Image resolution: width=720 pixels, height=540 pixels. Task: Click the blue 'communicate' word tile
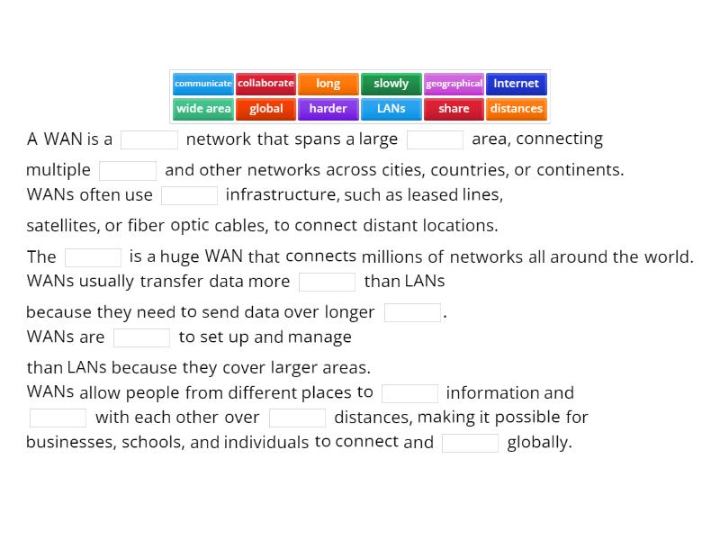pos(203,84)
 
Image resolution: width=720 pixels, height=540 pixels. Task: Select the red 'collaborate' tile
pos(265,84)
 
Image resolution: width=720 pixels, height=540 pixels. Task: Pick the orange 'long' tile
pos(328,84)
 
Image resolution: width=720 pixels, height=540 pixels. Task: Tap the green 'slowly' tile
pos(391,84)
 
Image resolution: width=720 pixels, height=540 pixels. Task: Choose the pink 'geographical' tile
pos(454,84)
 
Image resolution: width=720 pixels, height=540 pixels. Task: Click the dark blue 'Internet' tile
pos(517,84)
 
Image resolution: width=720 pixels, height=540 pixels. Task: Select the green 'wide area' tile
pos(203,109)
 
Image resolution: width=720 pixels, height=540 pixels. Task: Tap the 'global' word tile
pos(265,109)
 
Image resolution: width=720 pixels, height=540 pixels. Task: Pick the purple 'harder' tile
pos(328,109)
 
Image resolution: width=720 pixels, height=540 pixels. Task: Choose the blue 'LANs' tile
pos(391,109)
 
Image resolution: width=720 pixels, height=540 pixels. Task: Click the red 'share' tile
pos(454,109)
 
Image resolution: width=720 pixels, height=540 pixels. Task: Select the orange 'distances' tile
pos(517,109)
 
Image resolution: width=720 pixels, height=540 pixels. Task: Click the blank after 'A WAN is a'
pos(149,140)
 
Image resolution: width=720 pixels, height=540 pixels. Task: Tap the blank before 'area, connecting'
pos(436,140)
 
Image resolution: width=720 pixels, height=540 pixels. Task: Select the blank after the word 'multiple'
pos(128,171)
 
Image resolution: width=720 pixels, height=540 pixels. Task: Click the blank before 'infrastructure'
pos(189,195)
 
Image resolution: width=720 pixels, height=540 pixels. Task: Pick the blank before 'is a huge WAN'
pos(94,257)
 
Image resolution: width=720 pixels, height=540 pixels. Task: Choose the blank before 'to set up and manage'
pos(141,338)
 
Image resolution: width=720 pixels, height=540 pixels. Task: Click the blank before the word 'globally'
pos(470,443)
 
